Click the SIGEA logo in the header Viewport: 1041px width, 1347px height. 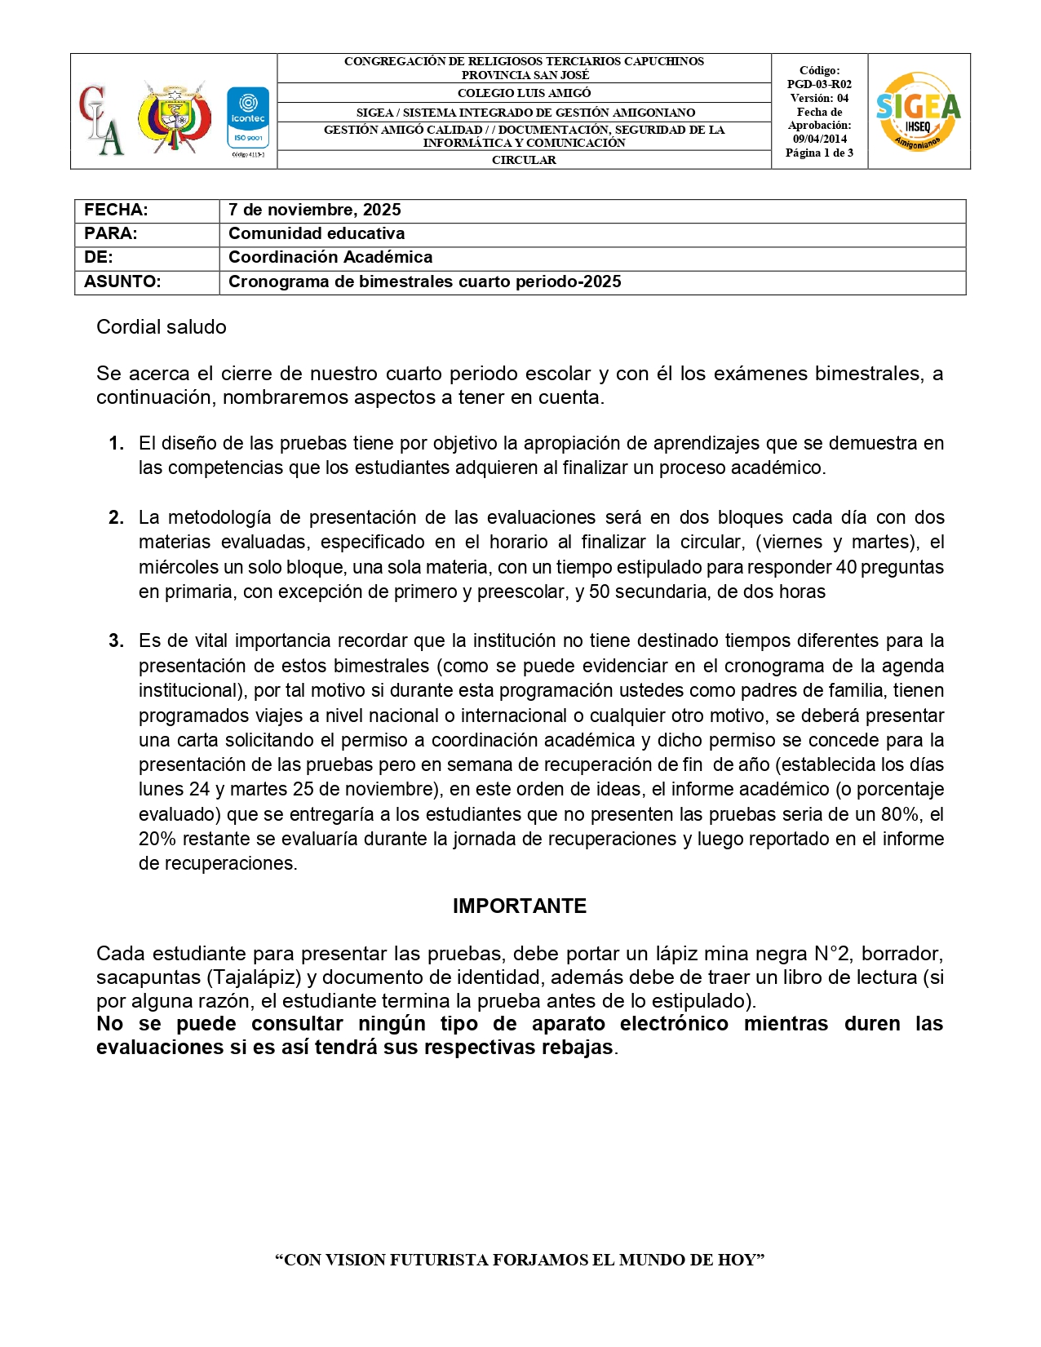(x=918, y=111)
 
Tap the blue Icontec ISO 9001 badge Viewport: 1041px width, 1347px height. (x=247, y=119)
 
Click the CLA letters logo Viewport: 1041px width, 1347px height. (x=102, y=119)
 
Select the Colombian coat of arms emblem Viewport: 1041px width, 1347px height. (x=173, y=116)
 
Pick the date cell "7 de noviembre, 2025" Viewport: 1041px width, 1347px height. (x=315, y=210)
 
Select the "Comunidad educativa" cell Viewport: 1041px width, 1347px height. (x=317, y=233)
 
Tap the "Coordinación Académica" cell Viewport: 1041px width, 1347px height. (x=330, y=257)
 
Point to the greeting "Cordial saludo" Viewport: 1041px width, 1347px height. (x=162, y=327)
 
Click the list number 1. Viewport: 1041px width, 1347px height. (x=116, y=443)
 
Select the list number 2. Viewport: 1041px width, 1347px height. (x=116, y=517)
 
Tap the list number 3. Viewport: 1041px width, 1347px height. (x=116, y=640)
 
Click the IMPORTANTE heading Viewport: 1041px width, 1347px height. (x=520, y=906)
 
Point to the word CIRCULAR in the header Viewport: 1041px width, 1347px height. (x=524, y=160)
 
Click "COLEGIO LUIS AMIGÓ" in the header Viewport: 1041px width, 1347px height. (x=524, y=93)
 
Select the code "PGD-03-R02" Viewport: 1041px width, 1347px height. (x=819, y=84)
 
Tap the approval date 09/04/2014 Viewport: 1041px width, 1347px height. (x=819, y=139)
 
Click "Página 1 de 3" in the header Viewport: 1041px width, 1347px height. (x=819, y=153)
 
